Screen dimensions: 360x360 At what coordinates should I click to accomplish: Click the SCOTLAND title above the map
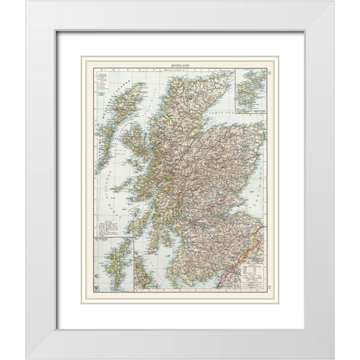coord(180,67)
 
